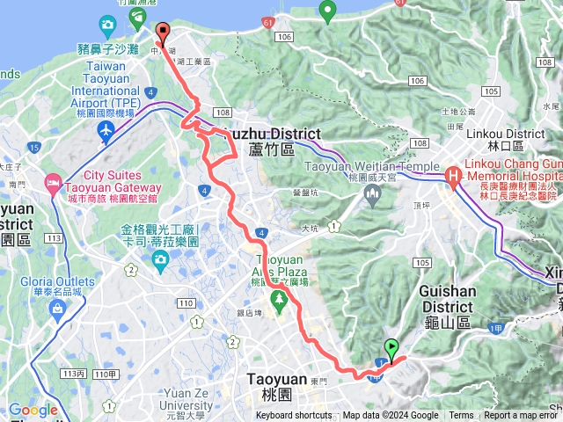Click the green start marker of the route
(x=391, y=347)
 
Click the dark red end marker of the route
(x=162, y=32)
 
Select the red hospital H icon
(x=453, y=177)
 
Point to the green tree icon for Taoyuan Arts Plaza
(x=280, y=302)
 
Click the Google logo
(x=33, y=410)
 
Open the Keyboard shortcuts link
(x=294, y=416)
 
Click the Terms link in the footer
(x=461, y=416)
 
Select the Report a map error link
(x=520, y=416)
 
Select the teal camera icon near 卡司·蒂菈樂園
(x=161, y=259)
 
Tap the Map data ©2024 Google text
(x=391, y=416)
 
